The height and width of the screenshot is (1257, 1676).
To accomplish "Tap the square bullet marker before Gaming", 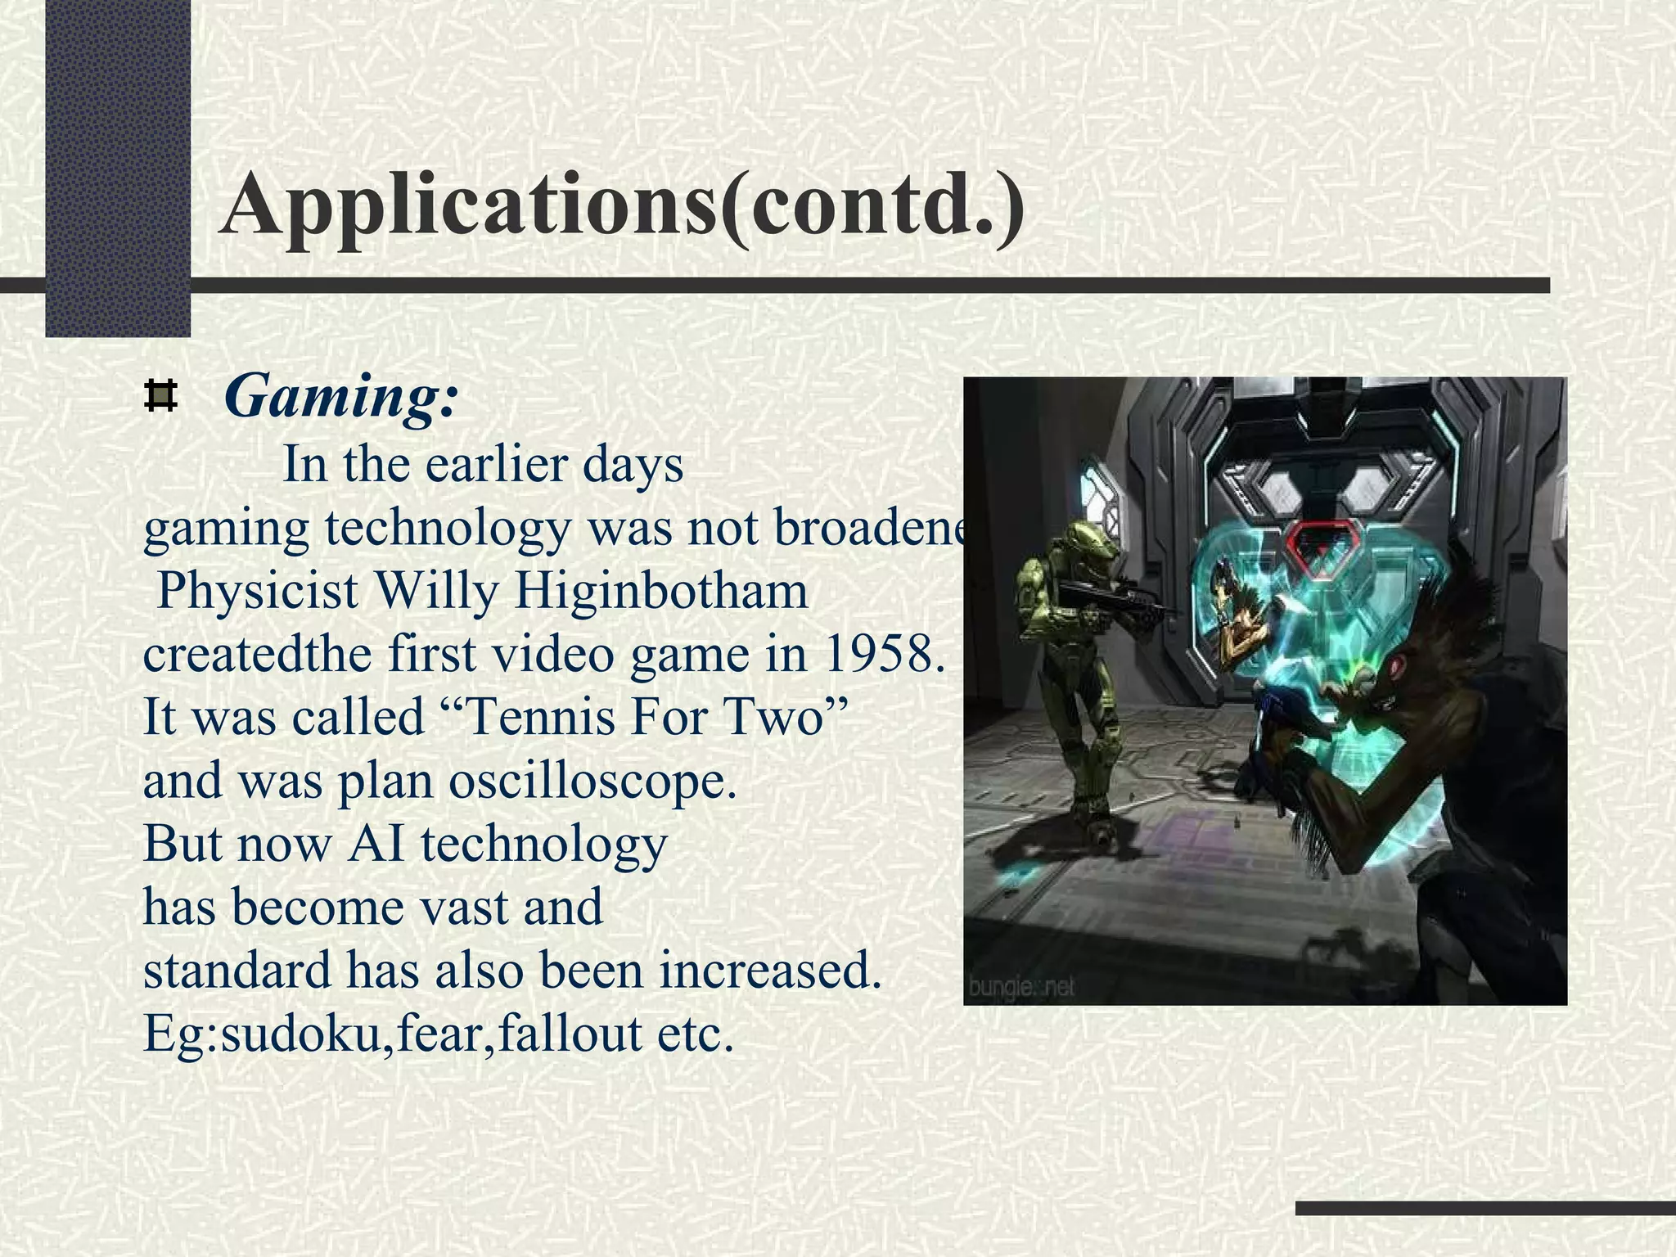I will click(160, 396).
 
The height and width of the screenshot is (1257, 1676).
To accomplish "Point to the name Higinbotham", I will click(661, 591).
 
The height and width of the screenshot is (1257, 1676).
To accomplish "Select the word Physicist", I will click(257, 591).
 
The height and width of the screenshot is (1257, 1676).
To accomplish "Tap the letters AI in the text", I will click(376, 843).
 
